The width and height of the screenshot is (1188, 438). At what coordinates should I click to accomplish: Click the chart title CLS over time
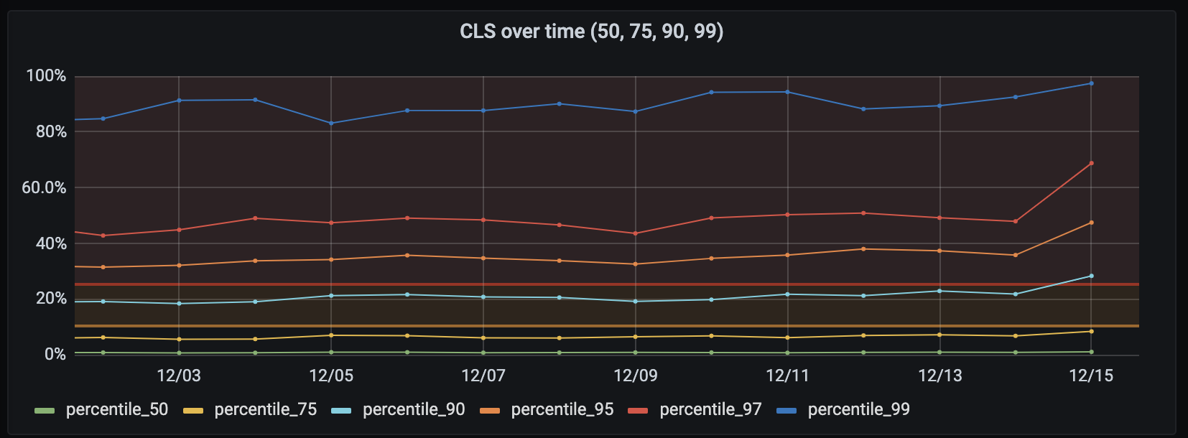coord(591,32)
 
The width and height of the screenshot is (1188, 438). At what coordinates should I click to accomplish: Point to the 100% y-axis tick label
coord(46,76)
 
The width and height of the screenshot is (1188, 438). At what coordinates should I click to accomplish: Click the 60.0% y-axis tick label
coord(44,188)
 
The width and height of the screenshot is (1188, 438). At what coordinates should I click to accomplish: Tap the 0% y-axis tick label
coord(55,355)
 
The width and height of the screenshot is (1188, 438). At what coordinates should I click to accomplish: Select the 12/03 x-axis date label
coord(179,376)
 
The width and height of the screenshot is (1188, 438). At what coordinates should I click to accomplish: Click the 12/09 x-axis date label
coord(636,376)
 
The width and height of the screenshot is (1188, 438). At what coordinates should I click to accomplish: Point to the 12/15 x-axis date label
coord(1091,376)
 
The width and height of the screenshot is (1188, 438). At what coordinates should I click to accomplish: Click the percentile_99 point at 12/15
coord(1092,83)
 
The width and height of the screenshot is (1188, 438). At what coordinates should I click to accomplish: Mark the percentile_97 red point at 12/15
coord(1092,163)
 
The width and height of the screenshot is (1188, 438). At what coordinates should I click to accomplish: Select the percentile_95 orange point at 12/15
coord(1092,223)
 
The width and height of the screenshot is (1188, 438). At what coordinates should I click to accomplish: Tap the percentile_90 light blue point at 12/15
coord(1092,276)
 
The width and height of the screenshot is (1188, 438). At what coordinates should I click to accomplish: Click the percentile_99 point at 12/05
coord(331,123)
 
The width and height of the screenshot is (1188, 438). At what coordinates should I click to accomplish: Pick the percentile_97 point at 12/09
coord(636,233)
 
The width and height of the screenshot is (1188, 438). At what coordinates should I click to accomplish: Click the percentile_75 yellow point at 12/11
coord(788,337)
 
